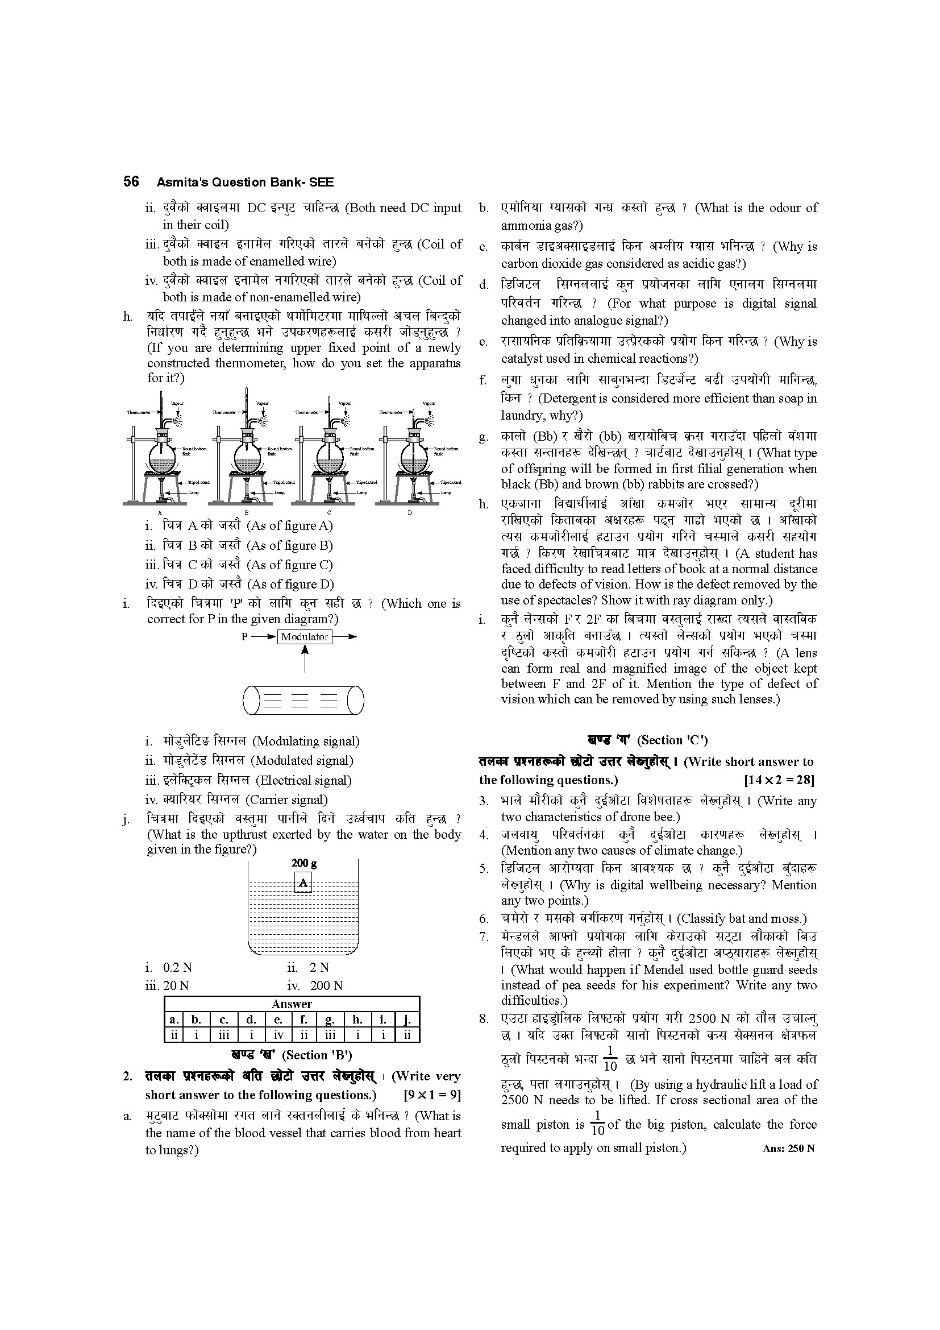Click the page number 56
click(x=131, y=181)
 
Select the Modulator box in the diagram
click(x=305, y=637)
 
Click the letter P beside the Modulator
click(x=244, y=637)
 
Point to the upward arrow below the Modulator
click(x=305, y=658)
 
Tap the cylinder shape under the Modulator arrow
click(x=303, y=700)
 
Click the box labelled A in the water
click(x=303, y=884)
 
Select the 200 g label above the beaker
click(x=304, y=863)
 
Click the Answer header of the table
click(x=292, y=1004)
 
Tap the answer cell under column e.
click(x=278, y=1034)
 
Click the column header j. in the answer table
click(x=407, y=1020)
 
